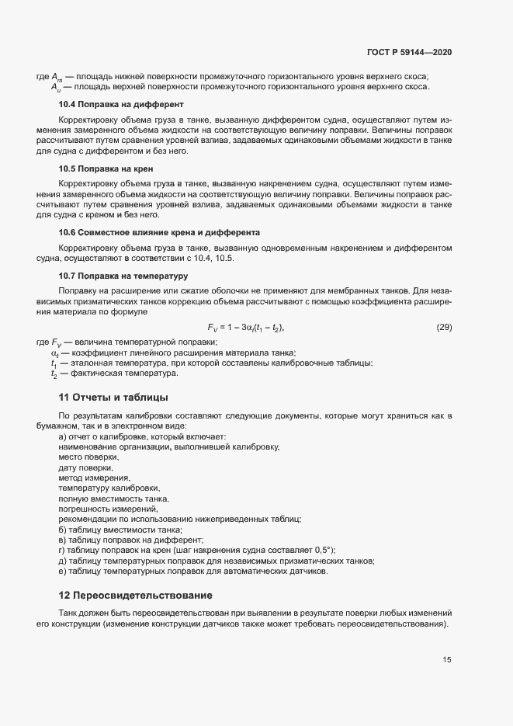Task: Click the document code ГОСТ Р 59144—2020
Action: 408,52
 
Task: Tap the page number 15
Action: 446,660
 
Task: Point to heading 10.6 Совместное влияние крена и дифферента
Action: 159,233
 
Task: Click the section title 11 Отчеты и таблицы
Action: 113,398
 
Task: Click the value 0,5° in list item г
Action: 322,550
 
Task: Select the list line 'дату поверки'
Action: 85,467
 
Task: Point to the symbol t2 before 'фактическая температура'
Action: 54,374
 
